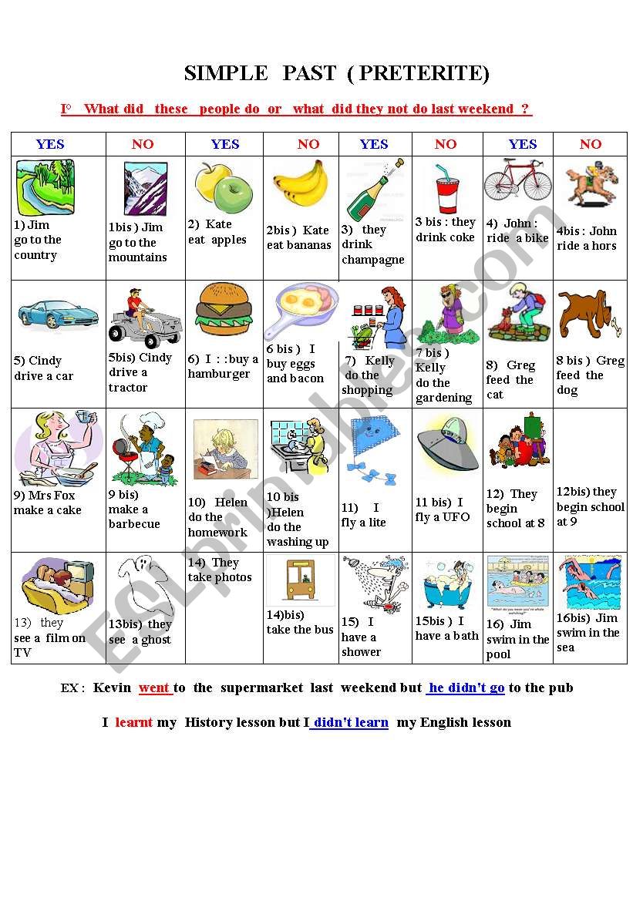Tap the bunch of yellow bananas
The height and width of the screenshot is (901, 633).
coord(301,187)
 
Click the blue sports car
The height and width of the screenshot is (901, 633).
coord(59,314)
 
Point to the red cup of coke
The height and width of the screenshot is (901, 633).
coord(447,190)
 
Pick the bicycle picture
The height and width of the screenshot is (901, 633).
coord(518,180)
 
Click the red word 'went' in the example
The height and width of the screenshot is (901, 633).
coord(154,688)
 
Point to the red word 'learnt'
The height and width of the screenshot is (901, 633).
coord(134,722)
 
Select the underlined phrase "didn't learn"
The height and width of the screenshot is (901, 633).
coord(351,722)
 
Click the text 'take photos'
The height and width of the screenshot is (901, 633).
coord(220,577)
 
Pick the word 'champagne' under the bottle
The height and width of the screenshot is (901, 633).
coord(373,260)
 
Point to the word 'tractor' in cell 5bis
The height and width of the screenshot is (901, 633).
coord(128,387)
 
